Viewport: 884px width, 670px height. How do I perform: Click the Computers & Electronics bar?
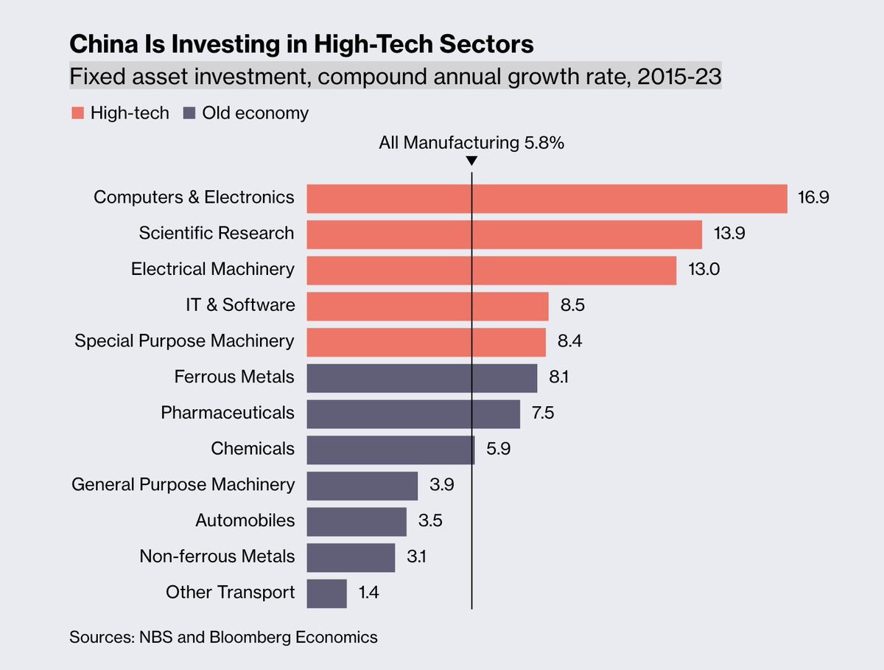547,198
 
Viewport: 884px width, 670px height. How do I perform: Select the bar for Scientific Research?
504,234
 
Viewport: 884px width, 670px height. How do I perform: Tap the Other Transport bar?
326,593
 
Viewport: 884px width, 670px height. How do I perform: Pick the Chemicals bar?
390,450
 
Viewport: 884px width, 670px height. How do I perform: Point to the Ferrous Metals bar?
421,378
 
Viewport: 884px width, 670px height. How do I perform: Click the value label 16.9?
813,198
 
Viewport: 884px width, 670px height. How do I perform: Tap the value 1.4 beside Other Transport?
368,593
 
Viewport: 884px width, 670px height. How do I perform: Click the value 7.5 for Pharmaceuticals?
542,413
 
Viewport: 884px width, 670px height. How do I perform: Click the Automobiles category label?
245,521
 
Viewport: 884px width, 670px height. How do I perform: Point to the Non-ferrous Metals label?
217,557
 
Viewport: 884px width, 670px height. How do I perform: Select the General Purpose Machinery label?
183,485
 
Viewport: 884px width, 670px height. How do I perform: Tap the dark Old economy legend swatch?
188,114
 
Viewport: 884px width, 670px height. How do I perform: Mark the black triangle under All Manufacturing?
471,161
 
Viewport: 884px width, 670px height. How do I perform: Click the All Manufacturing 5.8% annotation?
471,143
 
